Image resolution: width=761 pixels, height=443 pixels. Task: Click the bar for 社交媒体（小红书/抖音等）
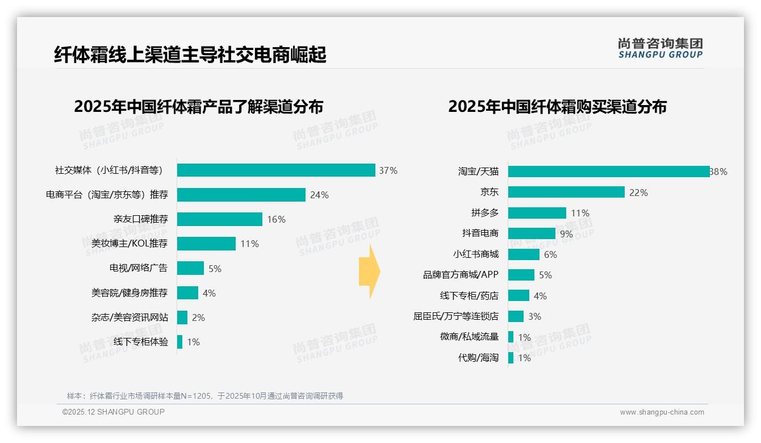tap(276, 170)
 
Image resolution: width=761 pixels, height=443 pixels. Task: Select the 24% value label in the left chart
tap(319, 195)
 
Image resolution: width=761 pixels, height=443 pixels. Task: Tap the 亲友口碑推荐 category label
tap(140, 219)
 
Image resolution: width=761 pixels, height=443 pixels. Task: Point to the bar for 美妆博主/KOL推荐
tap(206, 244)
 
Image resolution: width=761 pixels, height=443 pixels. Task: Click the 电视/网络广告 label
tap(139, 268)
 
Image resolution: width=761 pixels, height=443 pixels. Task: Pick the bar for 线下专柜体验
tap(179, 342)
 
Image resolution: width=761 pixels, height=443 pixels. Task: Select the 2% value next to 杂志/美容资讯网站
tap(198, 317)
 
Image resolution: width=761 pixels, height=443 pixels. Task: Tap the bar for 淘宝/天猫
tap(608, 172)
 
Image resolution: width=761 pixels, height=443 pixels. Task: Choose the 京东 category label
tap(489, 192)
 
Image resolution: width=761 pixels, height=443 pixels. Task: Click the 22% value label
tap(638, 193)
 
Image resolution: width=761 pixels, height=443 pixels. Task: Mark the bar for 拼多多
tap(537, 213)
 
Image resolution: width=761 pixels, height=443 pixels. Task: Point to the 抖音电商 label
tap(480, 233)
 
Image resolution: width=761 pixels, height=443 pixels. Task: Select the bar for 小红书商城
tap(524, 254)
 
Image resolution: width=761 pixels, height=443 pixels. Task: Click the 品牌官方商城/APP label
tap(461, 275)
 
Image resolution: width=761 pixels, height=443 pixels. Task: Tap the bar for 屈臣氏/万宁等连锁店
tap(516, 316)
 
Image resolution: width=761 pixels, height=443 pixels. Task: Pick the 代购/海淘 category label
tap(478, 358)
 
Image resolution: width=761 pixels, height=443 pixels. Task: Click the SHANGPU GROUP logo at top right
tap(660, 48)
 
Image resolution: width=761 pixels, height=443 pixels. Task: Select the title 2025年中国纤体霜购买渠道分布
tap(557, 107)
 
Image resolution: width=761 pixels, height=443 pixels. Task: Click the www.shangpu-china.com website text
tap(662, 412)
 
